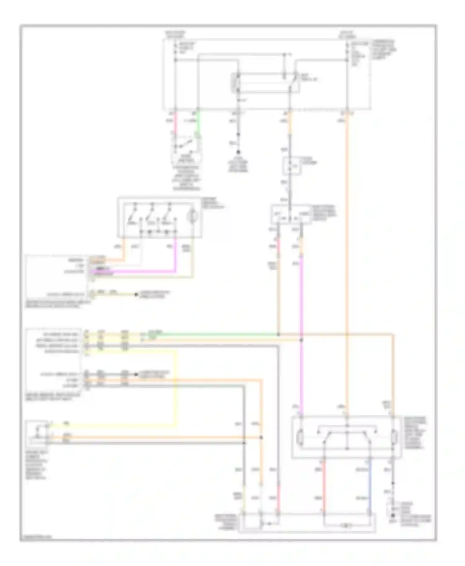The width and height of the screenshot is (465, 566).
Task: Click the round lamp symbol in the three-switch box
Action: click(x=193, y=216)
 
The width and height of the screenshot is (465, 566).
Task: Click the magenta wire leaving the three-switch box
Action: click(x=175, y=254)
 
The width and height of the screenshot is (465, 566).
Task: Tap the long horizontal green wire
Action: click(x=217, y=334)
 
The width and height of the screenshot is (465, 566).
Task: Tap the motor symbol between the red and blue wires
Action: click(x=347, y=525)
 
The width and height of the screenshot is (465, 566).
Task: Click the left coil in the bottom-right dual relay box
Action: click(x=300, y=437)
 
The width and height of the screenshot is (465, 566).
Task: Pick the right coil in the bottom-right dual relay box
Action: click(x=393, y=437)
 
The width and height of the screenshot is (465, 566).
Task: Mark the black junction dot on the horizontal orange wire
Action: click(x=261, y=437)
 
